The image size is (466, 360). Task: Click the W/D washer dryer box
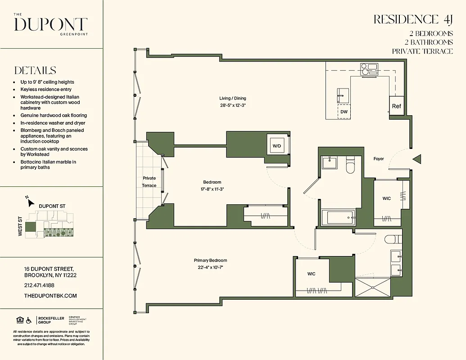pos(276,145)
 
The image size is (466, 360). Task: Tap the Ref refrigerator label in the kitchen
pos(396,106)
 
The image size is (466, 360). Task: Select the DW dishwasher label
pos(344,112)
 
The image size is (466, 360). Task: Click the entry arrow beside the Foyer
pos(417,159)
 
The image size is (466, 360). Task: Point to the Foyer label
pos(379,159)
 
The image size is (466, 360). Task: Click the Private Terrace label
pos(149,182)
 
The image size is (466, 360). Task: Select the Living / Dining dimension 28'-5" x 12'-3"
pos(232,105)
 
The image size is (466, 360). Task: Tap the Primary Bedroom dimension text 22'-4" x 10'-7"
pos(210,267)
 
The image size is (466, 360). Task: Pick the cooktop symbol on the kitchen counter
pos(368,68)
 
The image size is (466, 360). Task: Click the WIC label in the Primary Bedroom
pos(311,274)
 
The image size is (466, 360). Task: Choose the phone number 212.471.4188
pos(39,285)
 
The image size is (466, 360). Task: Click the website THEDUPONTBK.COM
pos(50,296)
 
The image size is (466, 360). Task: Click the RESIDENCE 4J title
pos(412,19)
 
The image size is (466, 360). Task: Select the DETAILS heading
pos(35,71)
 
